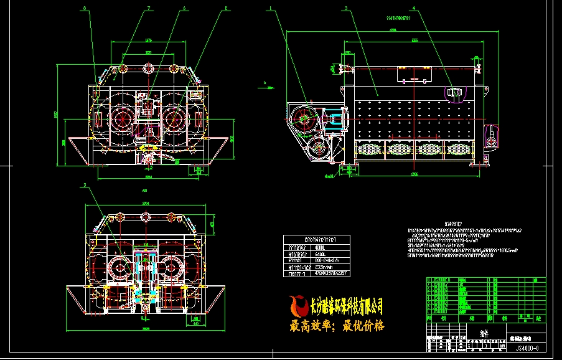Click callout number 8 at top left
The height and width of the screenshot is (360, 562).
[x=85, y=9]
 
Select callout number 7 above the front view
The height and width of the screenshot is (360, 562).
[x=149, y=9]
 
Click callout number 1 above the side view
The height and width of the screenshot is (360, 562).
[x=271, y=9]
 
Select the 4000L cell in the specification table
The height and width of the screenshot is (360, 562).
[x=324, y=247]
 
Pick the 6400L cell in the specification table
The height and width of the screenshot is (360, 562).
[x=324, y=254]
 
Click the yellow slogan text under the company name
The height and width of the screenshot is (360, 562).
[x=337, y=326]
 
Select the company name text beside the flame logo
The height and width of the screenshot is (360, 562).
[x=346, y=306]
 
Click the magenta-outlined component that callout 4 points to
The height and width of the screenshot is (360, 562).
[x=453, y=93]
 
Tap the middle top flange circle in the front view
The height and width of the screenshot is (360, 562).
[x=149, y=67]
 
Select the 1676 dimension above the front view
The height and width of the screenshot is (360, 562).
[x=148, y=40]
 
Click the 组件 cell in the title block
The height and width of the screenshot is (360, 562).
[x=484, y=333]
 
